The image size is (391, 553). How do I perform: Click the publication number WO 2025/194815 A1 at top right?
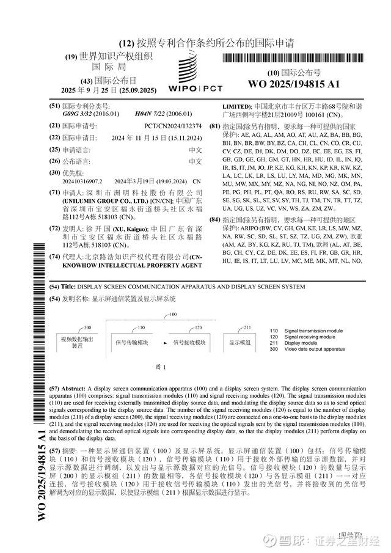coord(294,84)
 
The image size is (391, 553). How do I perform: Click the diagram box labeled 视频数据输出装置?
coord(77,342)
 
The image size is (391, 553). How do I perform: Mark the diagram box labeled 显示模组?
coord(240,343)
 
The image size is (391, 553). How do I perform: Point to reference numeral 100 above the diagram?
coord(173,314)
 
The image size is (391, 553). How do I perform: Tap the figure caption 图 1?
coord(161,367)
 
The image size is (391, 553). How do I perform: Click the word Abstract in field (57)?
coord(74,389)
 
